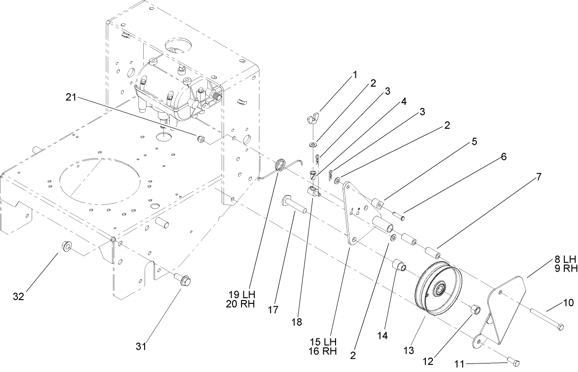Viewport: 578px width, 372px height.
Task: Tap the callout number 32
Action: pyautogui.click(x=18, y=297)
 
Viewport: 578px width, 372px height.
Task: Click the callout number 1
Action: pyautogui.click(x=355, y=74)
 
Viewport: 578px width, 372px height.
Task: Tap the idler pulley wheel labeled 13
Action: pyautogui.click(x=438, y=289)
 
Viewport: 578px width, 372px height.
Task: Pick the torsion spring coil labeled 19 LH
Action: pyautogui.click(x=281, y=165)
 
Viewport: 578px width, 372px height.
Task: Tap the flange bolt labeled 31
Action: pyautogui.click(x=184, y=281)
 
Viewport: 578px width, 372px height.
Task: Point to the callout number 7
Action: pyautogui.click(x=538, y=177)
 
